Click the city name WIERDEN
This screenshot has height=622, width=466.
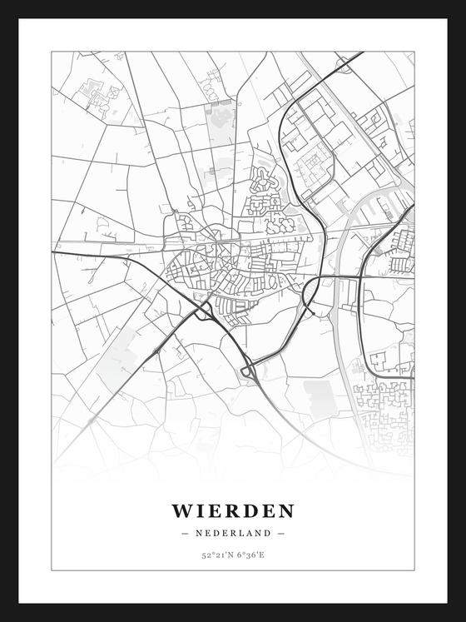[x=233, y=510]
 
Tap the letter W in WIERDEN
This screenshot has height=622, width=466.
[x=181, y=510]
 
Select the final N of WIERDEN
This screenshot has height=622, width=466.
[x=285, y=510]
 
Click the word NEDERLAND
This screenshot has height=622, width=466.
[x=233, y=533]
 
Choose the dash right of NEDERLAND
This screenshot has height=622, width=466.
[x=281, y=533]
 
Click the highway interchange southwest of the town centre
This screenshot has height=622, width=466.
[x=203, y=311]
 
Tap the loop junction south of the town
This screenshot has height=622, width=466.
[x=248, y=369]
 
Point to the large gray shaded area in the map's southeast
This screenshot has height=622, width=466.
[x=320, y=396]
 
